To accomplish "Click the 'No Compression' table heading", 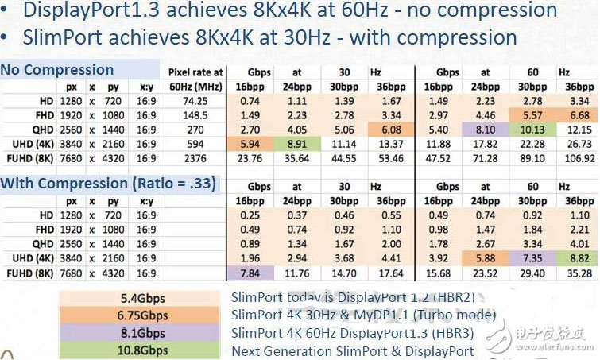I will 57,70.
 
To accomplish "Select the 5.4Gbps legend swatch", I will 142,299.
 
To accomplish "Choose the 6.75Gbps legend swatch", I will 142,315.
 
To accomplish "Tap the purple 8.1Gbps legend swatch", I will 142,333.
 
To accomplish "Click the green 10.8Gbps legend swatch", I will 142,350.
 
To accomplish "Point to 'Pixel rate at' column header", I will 195,73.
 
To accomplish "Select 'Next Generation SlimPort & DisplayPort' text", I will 352,350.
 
